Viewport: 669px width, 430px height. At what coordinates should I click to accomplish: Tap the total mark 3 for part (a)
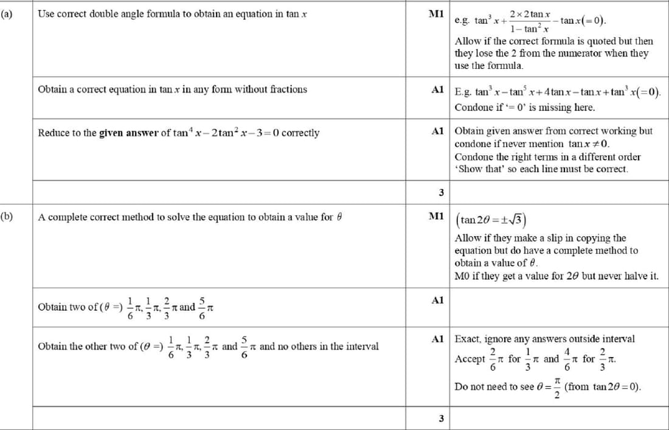click(441, 192)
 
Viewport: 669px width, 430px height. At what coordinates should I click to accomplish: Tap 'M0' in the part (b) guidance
click(462, 276)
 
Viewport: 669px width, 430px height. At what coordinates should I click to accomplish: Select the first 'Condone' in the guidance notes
click(472, 108)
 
